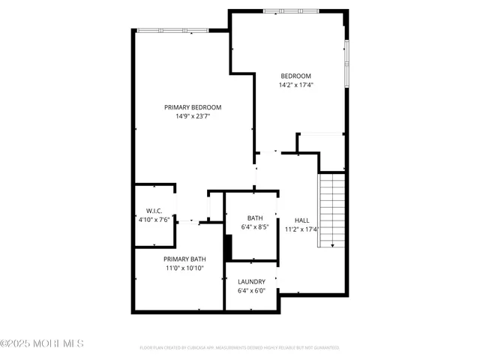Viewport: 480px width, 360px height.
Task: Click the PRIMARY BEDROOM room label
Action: (x=193, y=107)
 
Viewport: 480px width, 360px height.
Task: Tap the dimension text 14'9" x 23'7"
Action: (x=193, y=116)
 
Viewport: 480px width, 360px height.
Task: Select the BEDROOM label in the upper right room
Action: (x=295, y=76)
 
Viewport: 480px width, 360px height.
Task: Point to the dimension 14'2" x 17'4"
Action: (x=295, y=85)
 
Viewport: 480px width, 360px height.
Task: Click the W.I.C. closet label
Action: (x=155, y=211)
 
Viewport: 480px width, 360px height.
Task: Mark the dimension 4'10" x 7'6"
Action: (x=155, y=220)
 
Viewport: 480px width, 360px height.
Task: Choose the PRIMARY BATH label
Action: (x=184, y=259)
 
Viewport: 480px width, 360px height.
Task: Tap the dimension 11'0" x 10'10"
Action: (x=184, y=268)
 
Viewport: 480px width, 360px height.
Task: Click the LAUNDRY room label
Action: (x=251, y=282)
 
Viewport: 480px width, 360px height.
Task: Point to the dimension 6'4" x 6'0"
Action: (x=251, y=291)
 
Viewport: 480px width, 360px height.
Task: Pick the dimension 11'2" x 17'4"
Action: (x=301, y=229)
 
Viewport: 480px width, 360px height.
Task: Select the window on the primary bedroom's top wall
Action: (x=173, y=31)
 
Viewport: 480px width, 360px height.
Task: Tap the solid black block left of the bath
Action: (x=229, y=247)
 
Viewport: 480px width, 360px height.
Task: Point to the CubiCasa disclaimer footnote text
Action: (x=239, y=348)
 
